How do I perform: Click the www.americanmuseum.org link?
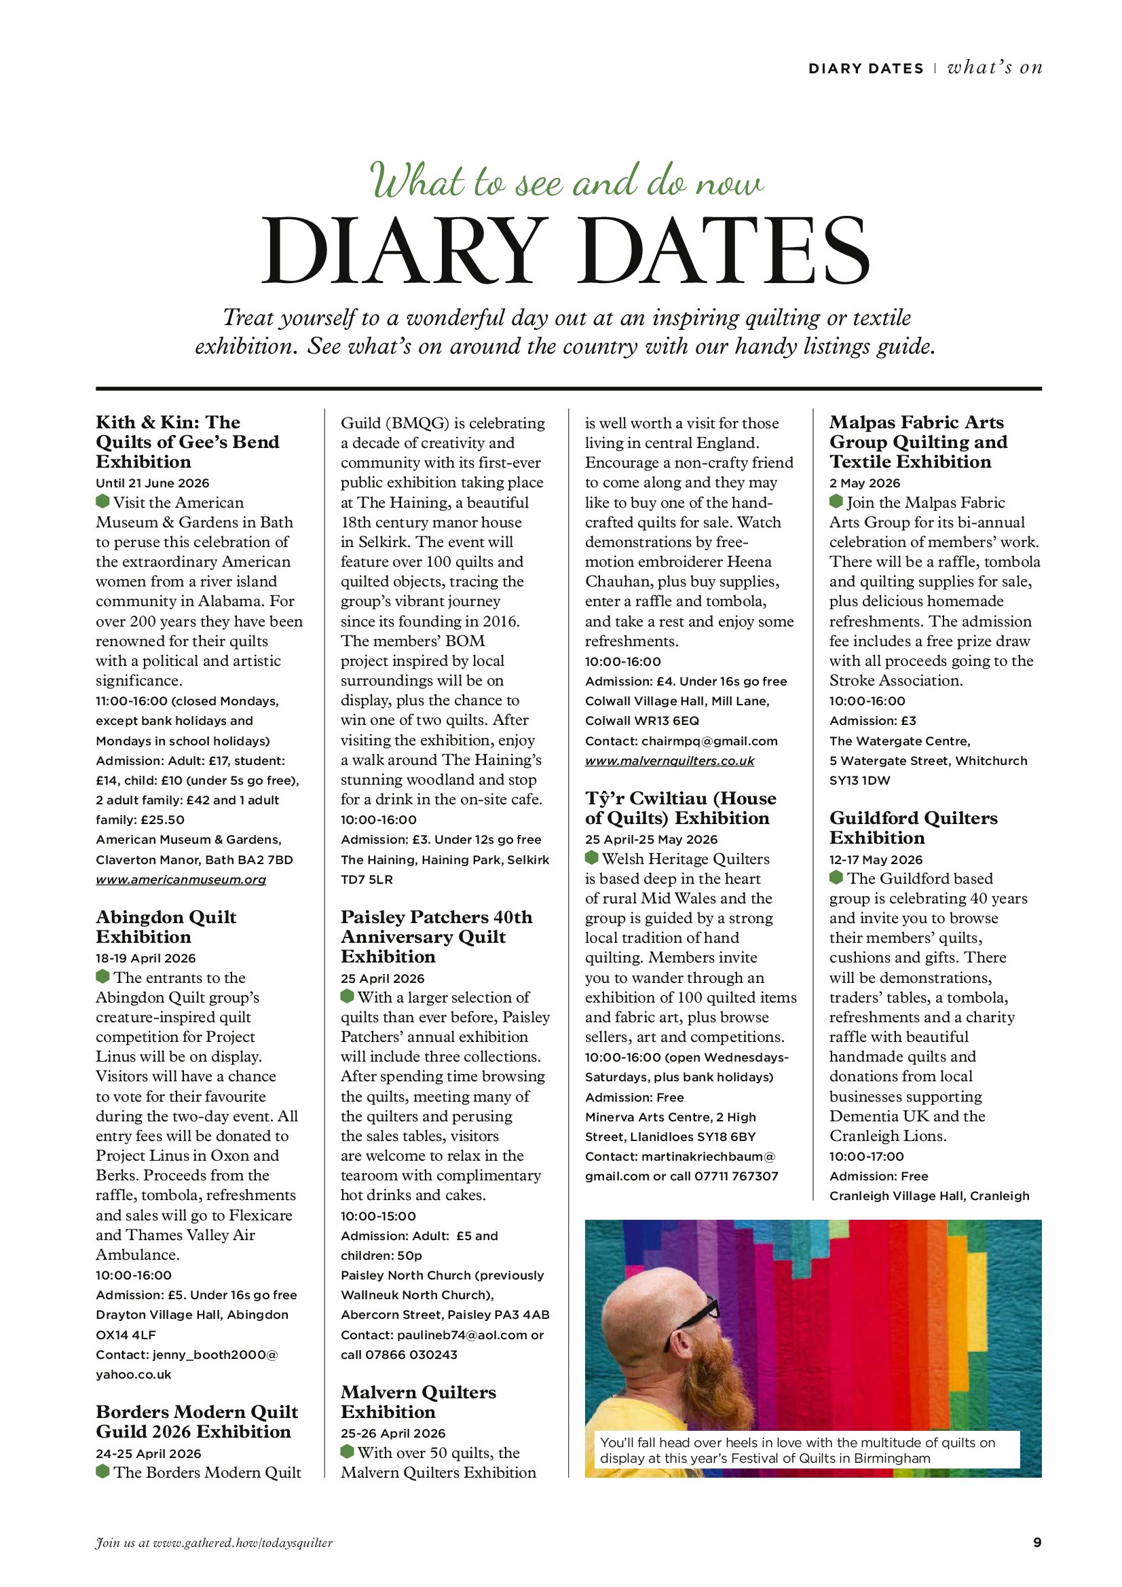click(x=181, y=879)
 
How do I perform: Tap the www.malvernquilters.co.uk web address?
click(x=669, y=760)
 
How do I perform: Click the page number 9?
click(x=1037, y=1542)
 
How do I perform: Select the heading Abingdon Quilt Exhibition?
click(x=166, y=927)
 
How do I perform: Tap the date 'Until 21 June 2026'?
click(x=152, y=483)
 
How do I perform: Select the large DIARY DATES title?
click(x=565, y=250)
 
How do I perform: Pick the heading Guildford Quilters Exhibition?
click(x=912, y=827)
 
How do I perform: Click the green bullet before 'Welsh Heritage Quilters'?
click(x=591, y=858)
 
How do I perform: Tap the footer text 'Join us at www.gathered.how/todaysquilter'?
click(x=214, y=1542)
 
